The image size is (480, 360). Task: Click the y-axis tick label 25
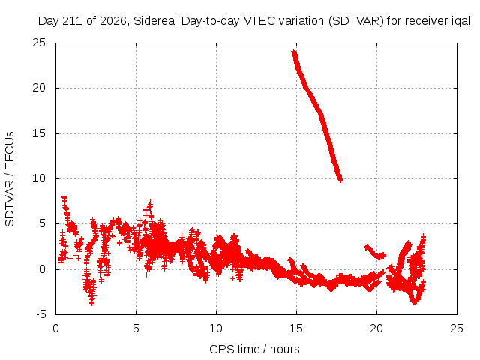(x=39, y=43)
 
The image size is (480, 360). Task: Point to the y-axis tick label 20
(x=39, y=88)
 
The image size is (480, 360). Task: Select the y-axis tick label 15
(x=39, y=133)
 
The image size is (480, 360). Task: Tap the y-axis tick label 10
(x=39, y=178)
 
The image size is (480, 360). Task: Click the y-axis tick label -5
(x=40, y=314)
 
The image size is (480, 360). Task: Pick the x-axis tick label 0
(x=55, y=328)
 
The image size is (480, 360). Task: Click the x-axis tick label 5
(x=136, y=328)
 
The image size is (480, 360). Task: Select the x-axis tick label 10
(x=216, y=328)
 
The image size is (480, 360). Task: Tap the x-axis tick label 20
(x=376, y=328)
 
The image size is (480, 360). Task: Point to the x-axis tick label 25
(x=457, y=328)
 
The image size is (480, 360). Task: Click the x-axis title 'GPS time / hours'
(x=254, y=349)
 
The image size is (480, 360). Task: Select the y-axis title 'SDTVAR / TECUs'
(x=10, y=179)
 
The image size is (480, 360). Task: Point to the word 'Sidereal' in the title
(x=155, y=21)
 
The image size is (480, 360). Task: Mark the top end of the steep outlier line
(x=294, y=52)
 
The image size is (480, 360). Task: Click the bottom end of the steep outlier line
(x=340, y=180)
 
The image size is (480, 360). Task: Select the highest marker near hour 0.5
(x=64, y=196)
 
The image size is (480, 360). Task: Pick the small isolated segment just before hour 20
(x=374, y=252)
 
